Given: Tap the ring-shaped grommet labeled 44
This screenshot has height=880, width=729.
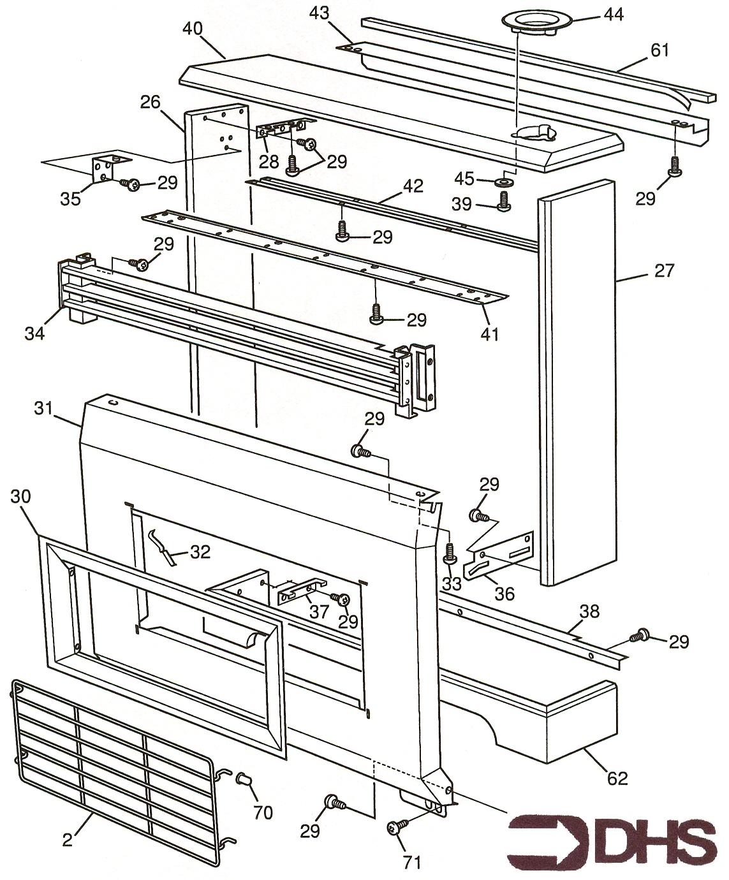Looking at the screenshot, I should click(x=527, y=20).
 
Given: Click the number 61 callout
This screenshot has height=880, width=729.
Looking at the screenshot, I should click(x=659, y=49).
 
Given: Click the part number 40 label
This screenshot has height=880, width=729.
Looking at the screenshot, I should click(x=193, y=29).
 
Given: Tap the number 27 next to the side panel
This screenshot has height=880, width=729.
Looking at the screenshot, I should click(x=664, y=271).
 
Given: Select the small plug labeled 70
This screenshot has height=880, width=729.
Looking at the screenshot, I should click(x=244, y=779).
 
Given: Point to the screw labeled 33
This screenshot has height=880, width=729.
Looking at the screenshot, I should click(x=450, y=552).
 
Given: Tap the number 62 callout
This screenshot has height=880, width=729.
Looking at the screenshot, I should click(x=617, y=777).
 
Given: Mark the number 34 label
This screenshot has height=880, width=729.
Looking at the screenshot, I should click(x=34, y=332).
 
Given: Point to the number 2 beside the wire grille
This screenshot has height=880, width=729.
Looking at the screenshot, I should click(x=68, y=840).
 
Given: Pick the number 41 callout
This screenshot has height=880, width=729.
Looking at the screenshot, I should click(x=490, y=333).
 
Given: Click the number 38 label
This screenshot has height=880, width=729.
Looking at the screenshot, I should click(x=590, y=611).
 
